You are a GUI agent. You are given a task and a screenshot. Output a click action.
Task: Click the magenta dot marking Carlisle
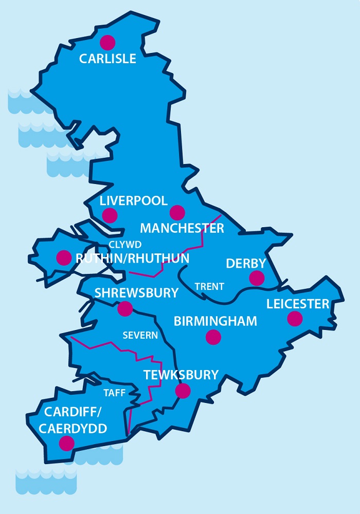107,42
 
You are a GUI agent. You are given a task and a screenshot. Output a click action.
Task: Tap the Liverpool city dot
110,215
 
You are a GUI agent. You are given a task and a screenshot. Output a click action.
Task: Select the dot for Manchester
177,212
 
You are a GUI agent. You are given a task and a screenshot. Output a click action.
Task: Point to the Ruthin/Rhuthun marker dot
64,258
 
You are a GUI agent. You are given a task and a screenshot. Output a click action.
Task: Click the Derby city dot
257,278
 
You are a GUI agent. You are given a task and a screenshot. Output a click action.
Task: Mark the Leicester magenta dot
295,319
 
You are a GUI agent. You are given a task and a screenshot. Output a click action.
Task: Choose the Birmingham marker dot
213,337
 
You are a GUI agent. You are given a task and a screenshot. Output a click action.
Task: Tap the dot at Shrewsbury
125,308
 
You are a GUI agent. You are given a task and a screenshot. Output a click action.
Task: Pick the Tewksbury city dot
183,391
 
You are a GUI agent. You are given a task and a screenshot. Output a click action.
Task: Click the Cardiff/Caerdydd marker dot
66,443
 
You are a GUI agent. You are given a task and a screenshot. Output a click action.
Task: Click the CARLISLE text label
107,59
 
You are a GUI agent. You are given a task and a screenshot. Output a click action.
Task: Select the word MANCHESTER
182,228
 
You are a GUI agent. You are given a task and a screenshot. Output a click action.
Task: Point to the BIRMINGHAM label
215,321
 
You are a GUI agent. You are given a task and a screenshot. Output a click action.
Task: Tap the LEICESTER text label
297,304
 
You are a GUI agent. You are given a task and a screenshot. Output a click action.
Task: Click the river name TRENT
209,286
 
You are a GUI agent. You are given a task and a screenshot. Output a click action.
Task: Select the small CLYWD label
125,245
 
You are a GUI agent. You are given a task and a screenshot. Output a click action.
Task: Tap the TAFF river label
113,392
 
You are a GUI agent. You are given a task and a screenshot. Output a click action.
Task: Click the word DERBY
246,263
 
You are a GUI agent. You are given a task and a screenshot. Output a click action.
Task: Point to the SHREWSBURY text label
136,292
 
